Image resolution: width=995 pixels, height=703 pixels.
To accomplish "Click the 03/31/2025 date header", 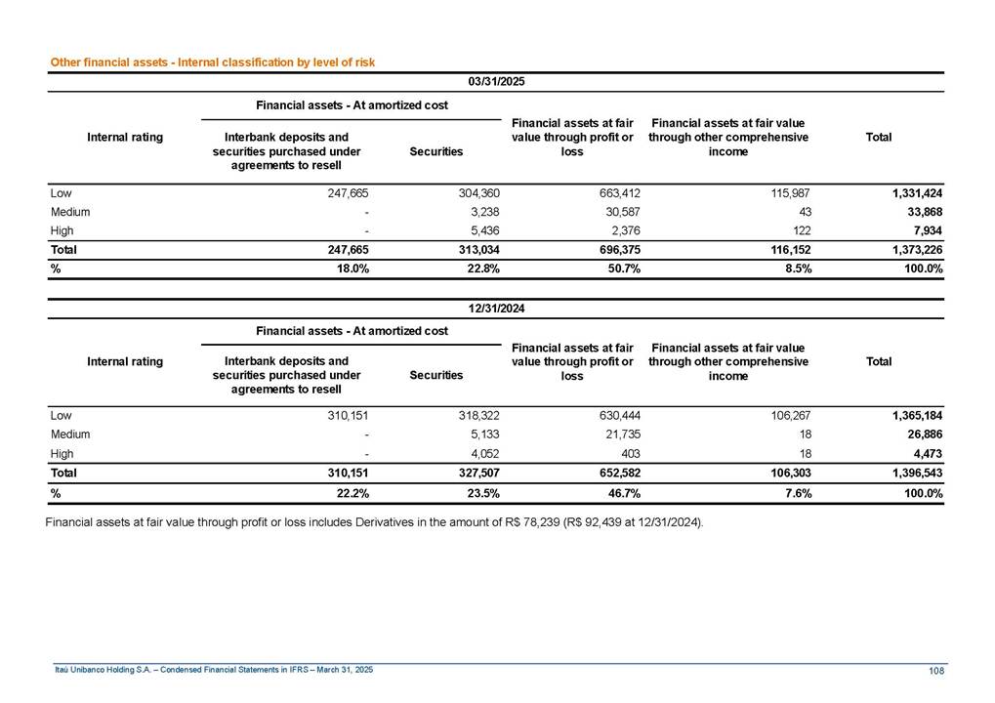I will [497, 81].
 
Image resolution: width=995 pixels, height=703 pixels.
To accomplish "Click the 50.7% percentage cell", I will [623, 269].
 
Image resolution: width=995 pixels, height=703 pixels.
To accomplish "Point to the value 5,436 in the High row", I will [480, 230].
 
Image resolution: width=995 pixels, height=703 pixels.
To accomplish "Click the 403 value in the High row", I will [630, 453].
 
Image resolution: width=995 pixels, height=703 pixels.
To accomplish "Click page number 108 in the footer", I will [935, 670].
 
